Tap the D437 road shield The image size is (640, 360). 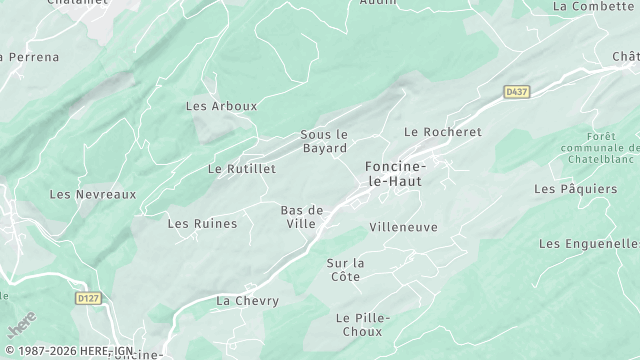[x=516, y=92]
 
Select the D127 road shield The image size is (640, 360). [x=89, y=297]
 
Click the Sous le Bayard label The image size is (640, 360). [x=324, y=141]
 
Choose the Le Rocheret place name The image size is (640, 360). [x=442, y=132]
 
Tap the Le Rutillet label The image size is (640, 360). [x=241, y=169]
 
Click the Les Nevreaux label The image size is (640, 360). [x=92, y=194]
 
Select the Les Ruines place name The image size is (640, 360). [x=202, y=223]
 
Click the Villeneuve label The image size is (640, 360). [x=403, y=227]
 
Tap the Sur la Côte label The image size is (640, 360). [x=346, y=269]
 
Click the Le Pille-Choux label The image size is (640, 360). [x=362, y=324]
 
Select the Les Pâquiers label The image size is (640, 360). [x=575, y=188]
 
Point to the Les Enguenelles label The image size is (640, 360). [x=589, y=243]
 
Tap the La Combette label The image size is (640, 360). [x=593, y=6]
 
